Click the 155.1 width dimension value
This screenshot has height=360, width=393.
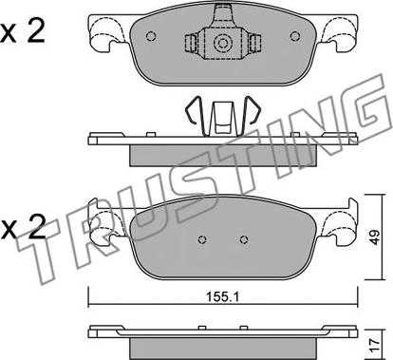pyautogui.click(x=223, y=297)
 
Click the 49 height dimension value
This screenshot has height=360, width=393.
pyautogui.click(x=375, y=237)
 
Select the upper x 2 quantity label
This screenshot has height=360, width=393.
pyautogui.click(x=22, y=32)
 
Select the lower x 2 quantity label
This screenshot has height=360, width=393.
pyautogui.click(x=22, y=228)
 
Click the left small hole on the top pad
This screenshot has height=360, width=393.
pyautogui.click(x=151, y=36)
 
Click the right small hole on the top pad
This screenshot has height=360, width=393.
pyautogui.click(x=295, y=36)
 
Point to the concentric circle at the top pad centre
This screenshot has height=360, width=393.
pyautogui.click(x=223, y=43)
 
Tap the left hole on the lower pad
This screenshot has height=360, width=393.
pyautogui.click(x=202, y=239)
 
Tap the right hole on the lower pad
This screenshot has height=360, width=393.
pyautogui.click(x=243, y=239)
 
